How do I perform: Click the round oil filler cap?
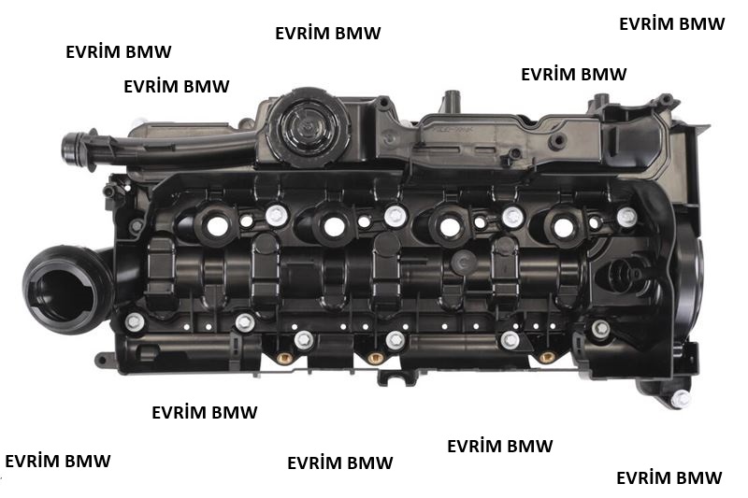pyautogui.click(x=309, y=127)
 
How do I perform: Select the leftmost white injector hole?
pyautogui.click(x=218, y=226)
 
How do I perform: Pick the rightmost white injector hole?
pyautogui.click(x=564, y=227)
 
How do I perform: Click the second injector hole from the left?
pyautogui.click(x=334, y=227)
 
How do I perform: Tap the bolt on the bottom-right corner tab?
pyautogui.click(x=681, y=399)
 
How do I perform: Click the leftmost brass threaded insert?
pyautogui.click(x=285, y=358)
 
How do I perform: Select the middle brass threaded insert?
pyautogui.click(x=376, y=358)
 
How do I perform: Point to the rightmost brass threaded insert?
pyautogui.click(x=547, y=357)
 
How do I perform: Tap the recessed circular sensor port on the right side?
pyautogui.click(x=626, y=276)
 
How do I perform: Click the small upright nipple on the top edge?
pyautogui.click(x=451, y=100)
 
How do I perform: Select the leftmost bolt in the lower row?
pyautogui.click(x=135, y=322)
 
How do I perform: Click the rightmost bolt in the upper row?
pyautogui.click(x=626, y=217)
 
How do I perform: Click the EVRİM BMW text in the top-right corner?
pyautogui.click(x=671, y=24)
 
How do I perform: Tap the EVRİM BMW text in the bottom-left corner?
pyautogui.click(x=58, y=461)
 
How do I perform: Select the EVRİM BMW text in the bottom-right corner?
pyautogui.click(x=669, y=477)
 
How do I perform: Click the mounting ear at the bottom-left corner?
pyautogui.click(x=106, y=359)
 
